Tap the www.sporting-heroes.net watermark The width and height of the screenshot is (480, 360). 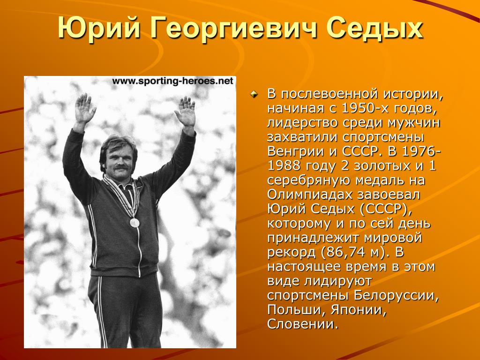click(173, 81)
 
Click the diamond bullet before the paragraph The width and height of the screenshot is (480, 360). click(254, 95)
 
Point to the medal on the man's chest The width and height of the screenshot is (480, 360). click(134, 222)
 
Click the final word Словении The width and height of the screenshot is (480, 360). click(303, 325)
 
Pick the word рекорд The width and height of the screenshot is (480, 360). click(292, 253)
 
